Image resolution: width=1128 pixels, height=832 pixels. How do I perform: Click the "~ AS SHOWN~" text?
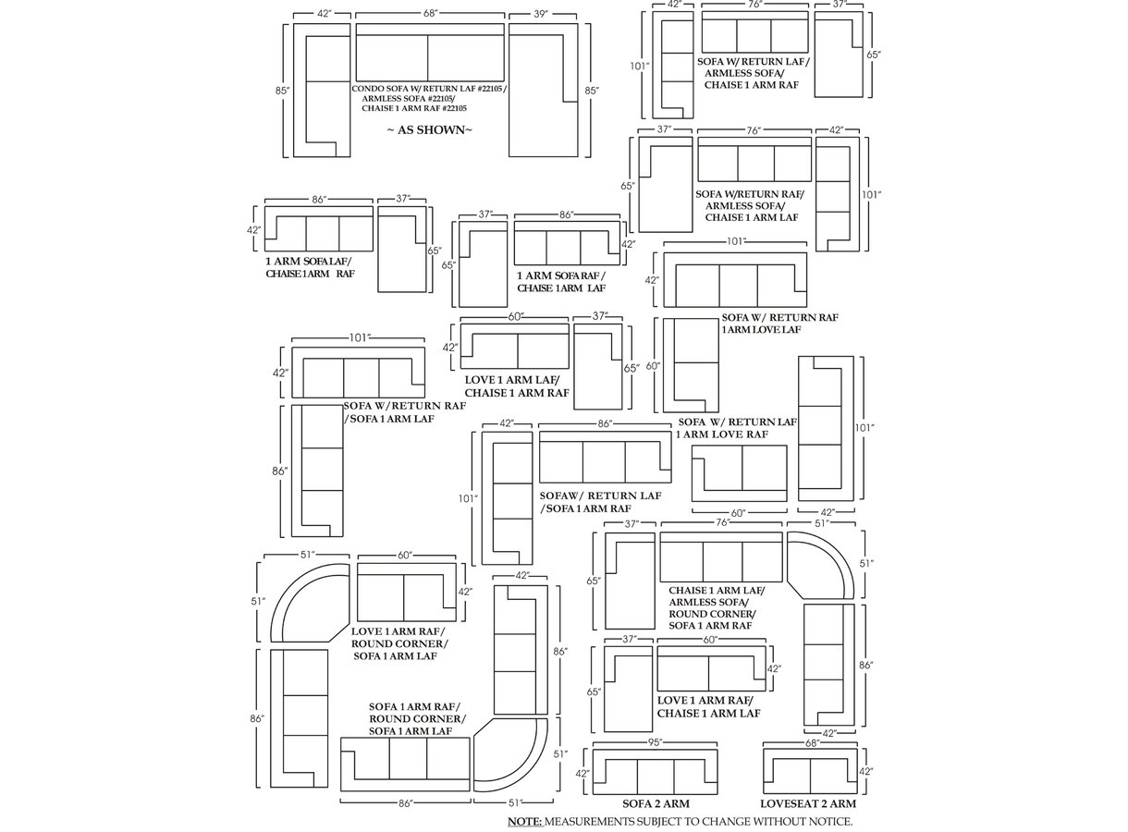tap(430, 130)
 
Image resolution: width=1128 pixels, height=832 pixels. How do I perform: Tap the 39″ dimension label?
tap(540, 14)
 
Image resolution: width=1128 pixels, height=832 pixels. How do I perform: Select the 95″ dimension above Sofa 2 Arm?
tap(656, 742)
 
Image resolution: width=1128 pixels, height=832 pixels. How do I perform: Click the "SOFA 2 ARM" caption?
tap(656, 804)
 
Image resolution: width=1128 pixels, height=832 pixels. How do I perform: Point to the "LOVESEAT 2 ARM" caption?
tap(808, 804)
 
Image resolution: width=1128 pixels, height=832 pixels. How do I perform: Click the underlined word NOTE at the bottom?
tap(525, 822)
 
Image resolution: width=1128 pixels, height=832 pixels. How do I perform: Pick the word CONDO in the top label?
tap(364, 89)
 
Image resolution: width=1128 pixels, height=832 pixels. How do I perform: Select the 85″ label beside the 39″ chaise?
tap(592, 91)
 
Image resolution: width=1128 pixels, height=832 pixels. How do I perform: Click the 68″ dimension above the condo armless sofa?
tap(430, 14)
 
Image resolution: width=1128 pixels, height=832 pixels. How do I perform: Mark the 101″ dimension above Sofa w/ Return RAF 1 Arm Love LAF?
tap(735, 242)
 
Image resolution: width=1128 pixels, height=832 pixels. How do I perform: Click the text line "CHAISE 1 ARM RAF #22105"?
tap(414, 108)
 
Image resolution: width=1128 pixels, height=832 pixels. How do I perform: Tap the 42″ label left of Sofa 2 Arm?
tap(582, 774)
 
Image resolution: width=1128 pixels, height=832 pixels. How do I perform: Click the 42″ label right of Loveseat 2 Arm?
tap(866, 772)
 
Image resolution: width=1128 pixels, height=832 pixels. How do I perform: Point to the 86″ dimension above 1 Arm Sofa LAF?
tap(318, 200)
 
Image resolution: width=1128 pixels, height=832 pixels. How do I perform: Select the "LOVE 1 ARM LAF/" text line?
tap(511, 380)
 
